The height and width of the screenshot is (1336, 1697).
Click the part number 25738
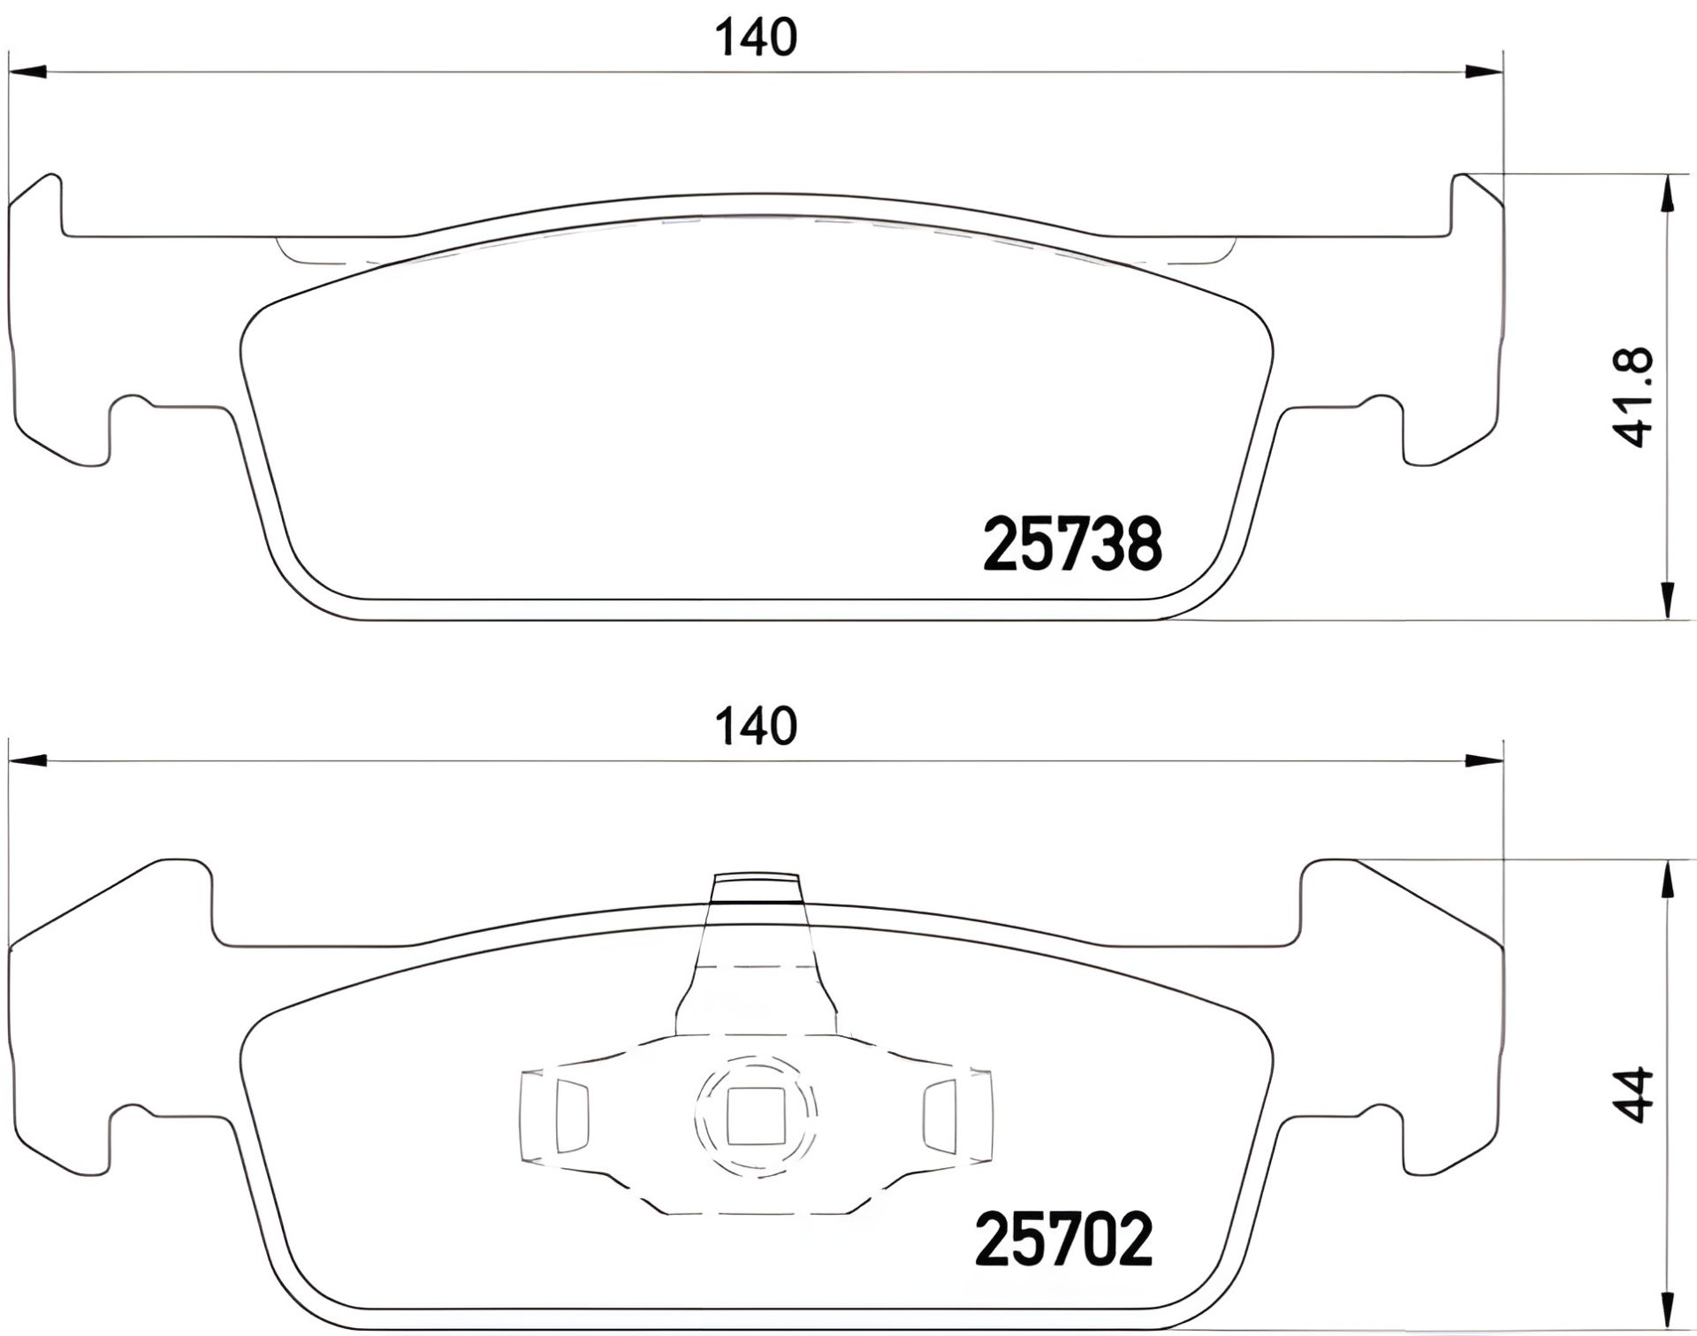pyautogui.click(x=1071, y=546)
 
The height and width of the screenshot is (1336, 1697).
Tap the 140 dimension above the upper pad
pyautogui.click(x=756, y=38)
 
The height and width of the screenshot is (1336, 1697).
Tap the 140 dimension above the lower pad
pyautogui.click(x=756, y=726)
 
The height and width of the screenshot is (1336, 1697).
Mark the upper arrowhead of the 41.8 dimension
pyautogui.click(x=1666, y=193)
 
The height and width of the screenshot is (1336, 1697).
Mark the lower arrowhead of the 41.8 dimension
pyautogui.click(x=1666, y=601)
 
